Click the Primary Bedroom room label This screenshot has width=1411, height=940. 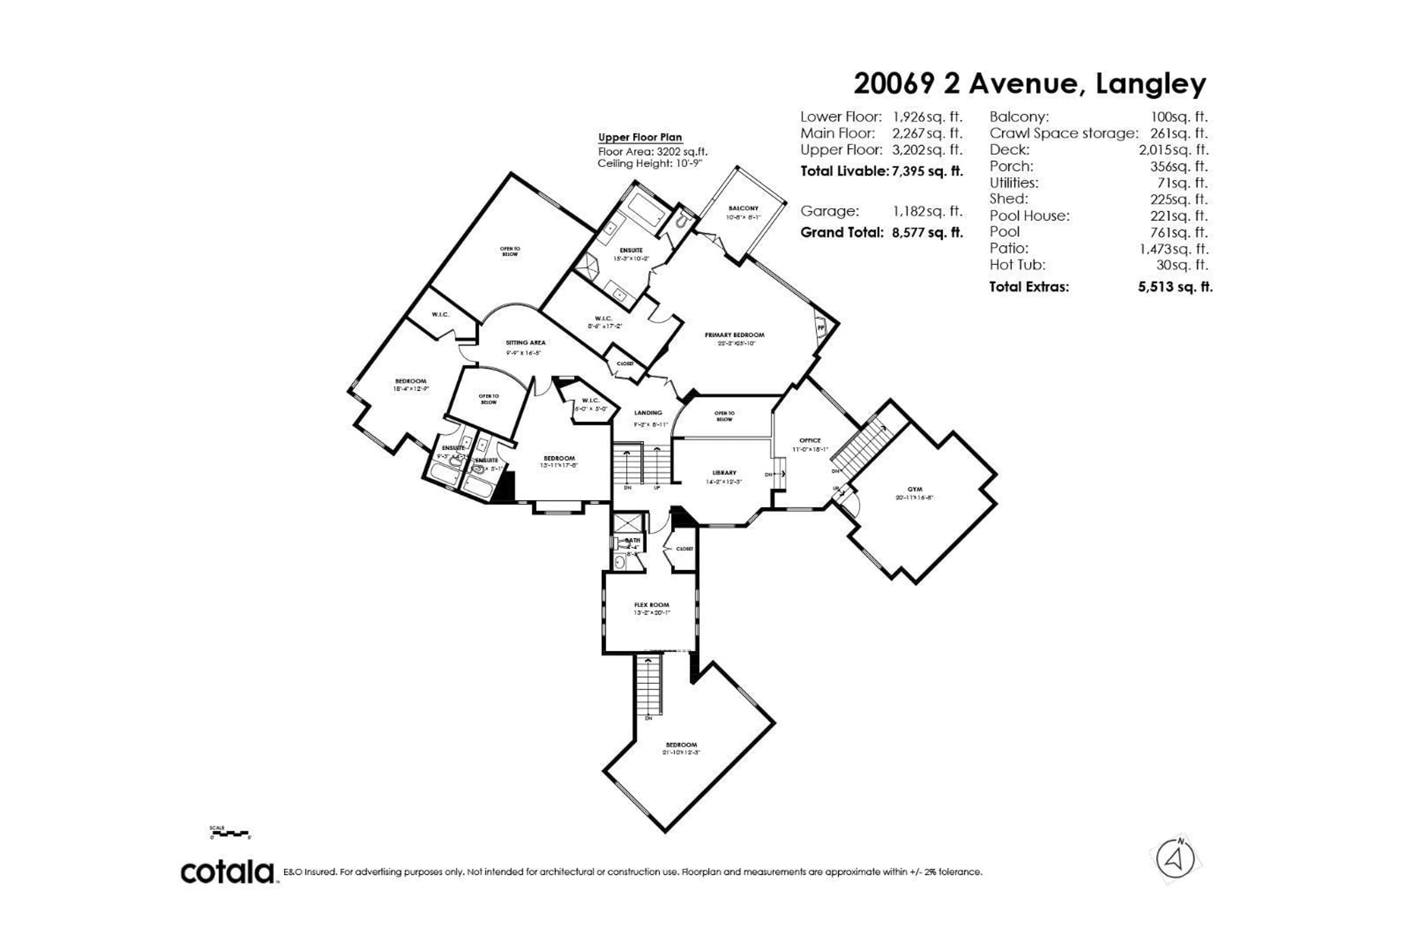pos(734,335)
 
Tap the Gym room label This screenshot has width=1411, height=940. pos(914,489)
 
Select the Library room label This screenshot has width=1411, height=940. pos(724,473)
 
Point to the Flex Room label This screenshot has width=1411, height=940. pos(651,605)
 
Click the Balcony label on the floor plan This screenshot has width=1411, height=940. pos(743,208)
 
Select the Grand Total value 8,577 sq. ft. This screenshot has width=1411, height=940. pos(927,233)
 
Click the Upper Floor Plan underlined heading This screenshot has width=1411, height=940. pos(640,137)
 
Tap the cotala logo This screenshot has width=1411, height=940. pos(228,872)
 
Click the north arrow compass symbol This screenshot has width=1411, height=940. pos(1175,859)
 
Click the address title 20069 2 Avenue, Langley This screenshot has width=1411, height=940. pos(1029,84)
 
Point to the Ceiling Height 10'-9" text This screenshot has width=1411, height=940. pos(649,163)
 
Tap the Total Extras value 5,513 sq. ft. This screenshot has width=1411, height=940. pos(1175,287)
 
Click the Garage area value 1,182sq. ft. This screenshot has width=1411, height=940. pos(927,211)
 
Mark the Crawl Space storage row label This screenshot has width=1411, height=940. pos(1063,133)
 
